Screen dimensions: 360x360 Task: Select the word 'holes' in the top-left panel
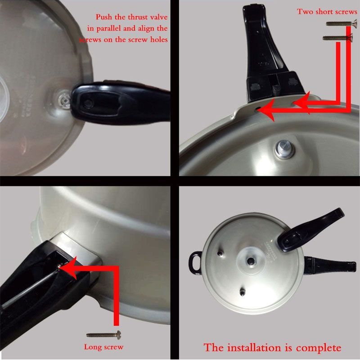159,40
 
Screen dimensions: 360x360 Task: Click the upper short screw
342,23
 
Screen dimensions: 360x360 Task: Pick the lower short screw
337,38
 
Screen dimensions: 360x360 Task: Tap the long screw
104,335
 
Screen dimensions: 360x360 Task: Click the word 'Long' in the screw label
92,347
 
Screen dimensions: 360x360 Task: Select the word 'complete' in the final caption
319,348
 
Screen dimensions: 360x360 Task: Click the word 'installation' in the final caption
255,347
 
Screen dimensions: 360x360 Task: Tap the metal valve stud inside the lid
285,149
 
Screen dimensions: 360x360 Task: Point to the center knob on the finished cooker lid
251,261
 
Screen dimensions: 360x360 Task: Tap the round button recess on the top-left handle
88,104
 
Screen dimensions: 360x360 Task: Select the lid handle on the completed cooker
310,231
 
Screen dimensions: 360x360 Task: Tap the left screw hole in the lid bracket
258,108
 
